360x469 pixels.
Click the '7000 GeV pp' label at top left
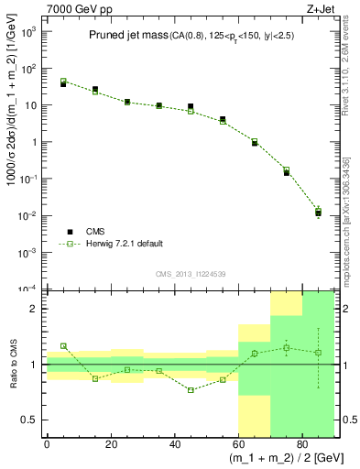coord(73,8)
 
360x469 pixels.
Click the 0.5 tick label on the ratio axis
coord(32,420)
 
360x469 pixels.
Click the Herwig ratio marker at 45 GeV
coord(191,390)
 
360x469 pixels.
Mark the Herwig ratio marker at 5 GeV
coord(63,346)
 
